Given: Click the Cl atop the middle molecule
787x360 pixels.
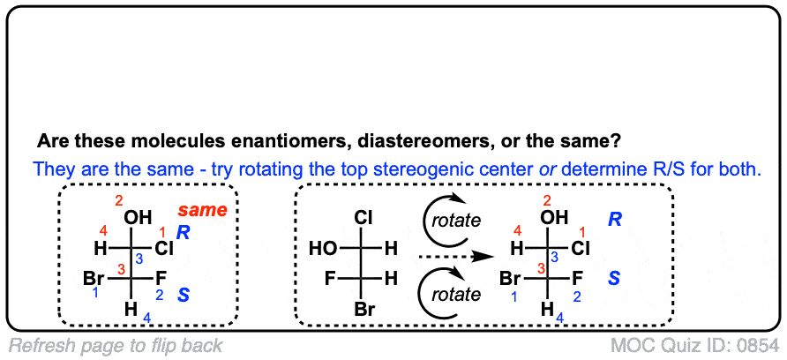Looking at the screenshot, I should point(364,216).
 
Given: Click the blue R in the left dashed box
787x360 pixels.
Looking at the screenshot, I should point(183,232).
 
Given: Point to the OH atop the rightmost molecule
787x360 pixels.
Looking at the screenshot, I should point(556,218).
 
